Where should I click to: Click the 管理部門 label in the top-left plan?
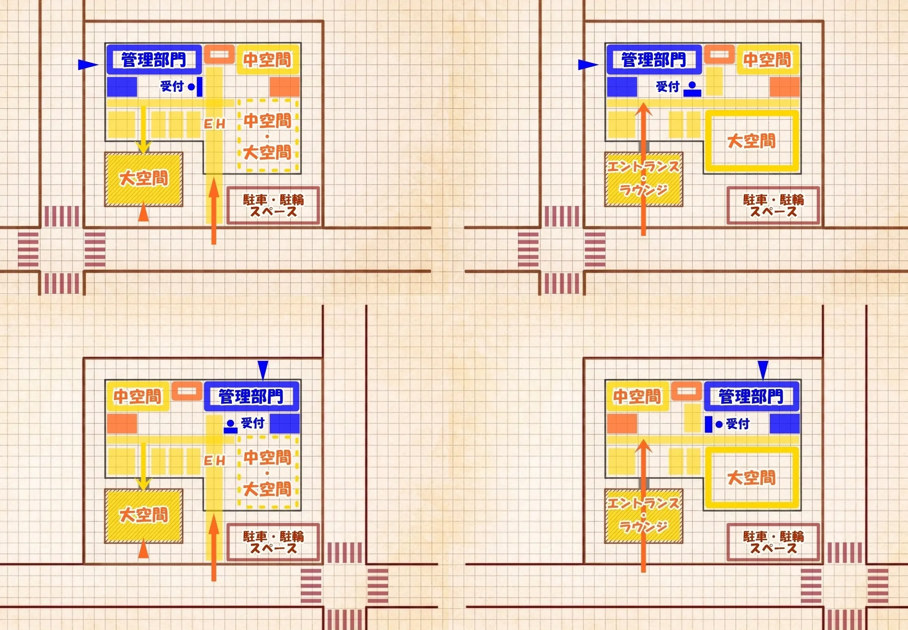154,60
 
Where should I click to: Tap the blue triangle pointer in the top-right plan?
588,65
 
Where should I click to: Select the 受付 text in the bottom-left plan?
252,423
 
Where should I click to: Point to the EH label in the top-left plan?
214,124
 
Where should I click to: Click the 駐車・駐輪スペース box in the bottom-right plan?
773,542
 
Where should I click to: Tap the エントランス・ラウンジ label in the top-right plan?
643,178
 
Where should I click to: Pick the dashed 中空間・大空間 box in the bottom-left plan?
267,473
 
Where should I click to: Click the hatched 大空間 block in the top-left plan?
144,179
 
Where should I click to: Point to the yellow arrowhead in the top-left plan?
143,147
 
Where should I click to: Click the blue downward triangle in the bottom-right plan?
763,370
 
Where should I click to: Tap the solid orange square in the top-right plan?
785,87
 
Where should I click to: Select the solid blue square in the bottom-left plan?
284,423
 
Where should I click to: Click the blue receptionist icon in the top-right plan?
692,89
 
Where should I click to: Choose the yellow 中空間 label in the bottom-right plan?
637,396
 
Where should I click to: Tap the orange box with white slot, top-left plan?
219,55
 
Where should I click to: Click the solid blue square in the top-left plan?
122,87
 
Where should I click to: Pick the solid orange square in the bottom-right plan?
622,423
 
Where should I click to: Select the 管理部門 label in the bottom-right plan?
751,396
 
